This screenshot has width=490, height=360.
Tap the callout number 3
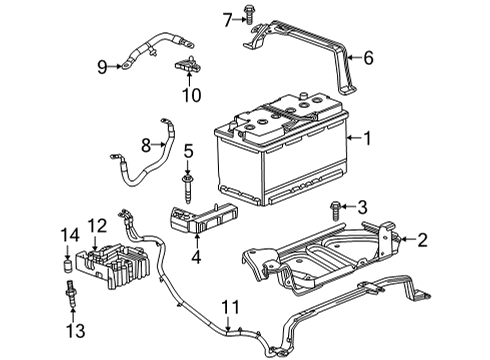(x=363, y=207)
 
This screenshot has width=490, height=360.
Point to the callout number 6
(x=369, y=58)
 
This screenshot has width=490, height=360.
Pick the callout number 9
(x=101, y=67)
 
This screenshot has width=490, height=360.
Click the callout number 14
(x=69, y=236)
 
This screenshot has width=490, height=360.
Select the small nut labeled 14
(x=69, y=265)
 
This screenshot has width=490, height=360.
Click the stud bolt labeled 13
(x=70, y=297)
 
